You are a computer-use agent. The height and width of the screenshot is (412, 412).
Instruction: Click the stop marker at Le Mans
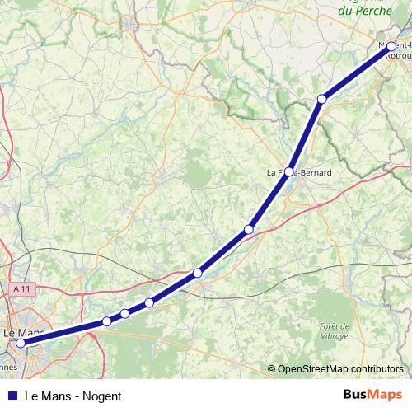(21, 344)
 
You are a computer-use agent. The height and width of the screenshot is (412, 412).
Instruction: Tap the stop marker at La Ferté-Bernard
(289, 172)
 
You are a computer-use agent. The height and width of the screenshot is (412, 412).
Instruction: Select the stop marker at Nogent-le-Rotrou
(391, 47)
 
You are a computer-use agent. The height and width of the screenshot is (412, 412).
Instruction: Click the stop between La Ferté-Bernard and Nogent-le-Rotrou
(322, 99)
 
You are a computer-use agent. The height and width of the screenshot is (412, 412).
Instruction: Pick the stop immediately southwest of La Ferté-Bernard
(248, 229)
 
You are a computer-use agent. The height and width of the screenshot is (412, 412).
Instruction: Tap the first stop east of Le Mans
(106, 321)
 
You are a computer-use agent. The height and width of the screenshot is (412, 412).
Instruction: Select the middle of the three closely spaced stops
(124, 313)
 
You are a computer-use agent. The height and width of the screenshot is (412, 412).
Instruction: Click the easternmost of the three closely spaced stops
(149, 302)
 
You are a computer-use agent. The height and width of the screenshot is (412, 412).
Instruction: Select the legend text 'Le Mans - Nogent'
(73, 396)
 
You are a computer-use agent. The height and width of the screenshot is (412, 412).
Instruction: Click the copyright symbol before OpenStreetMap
(272, 368)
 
